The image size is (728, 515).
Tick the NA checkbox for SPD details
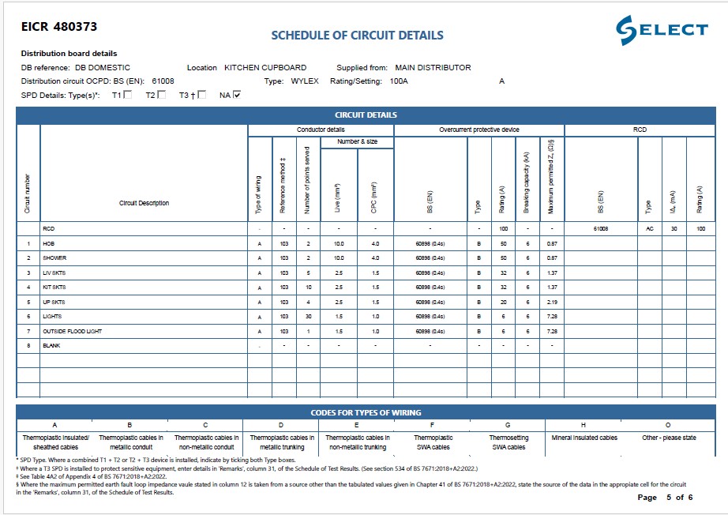click(237, 95)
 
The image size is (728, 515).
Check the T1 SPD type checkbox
click(128, 95)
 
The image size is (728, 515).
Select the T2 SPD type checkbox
click(162, 95)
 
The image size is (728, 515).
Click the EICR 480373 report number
click(59, 27)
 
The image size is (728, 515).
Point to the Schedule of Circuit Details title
click(357, 36)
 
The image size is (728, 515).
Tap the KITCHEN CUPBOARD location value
click(265, 68)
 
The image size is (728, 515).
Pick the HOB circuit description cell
click(49, 244)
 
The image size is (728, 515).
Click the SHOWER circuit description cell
click(54, 258)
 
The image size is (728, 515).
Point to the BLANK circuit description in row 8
click(52, 345)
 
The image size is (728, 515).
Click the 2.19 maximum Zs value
click(552, 302)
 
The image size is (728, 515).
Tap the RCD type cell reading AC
click(649, 229)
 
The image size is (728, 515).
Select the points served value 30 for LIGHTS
click(308, 316)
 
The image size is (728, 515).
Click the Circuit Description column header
click(144, 204)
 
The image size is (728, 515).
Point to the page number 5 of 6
click(665, 498)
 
